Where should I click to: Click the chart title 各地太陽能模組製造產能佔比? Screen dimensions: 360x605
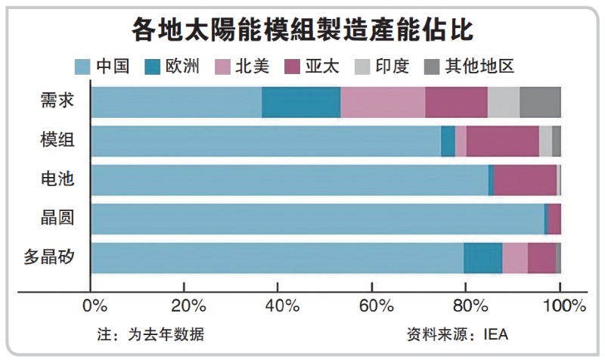[x=302, y=29]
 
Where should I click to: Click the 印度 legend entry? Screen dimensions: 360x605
[x=392, y=66]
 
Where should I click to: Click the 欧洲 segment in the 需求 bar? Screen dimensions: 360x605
[x=301, y=102]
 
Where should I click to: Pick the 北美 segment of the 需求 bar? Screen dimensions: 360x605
[x=383, y=102]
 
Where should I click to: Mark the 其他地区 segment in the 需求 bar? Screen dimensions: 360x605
[x=540, y=102]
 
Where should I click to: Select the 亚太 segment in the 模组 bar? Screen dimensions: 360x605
[x=502, y=141]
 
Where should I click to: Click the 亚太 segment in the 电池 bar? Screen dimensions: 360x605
[x=525, y=180]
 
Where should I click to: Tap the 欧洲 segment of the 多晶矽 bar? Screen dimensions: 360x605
[x=482, y=257]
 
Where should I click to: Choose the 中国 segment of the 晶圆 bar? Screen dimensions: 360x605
[x=317, y=219]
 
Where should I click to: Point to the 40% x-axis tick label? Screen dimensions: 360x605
[x=282, y=306]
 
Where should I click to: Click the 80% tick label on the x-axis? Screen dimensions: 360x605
[x=470, y=306]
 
